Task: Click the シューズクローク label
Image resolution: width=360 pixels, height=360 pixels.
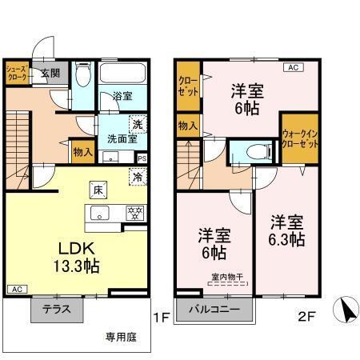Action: [16, 74]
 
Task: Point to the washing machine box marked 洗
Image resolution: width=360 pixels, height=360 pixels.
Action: [137, 124]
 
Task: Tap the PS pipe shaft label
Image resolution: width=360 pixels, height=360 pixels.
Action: [142, 158]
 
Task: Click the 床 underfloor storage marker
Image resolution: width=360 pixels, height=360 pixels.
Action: [97, 190]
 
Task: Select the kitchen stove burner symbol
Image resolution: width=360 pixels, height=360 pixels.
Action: [135, 213]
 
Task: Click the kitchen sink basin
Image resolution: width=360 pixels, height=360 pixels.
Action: [100, 213]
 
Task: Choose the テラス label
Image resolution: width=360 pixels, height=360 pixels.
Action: [57, 310]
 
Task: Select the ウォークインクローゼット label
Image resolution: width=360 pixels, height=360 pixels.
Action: [299, 142]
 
